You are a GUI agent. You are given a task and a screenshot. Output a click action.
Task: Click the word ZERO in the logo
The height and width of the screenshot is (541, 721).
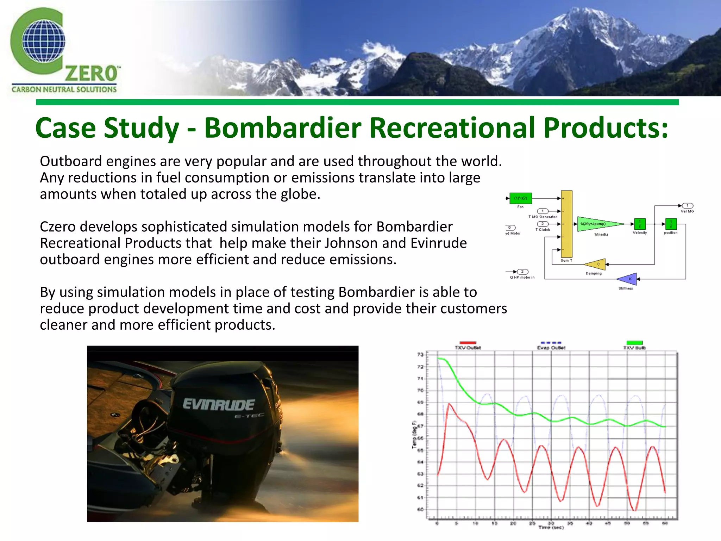[x=92, y=74]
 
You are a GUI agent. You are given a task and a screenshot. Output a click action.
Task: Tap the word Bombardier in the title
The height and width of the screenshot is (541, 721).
[x=283, y=128]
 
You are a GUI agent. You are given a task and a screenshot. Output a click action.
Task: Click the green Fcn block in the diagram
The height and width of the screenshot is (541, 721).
[x=521, y=198]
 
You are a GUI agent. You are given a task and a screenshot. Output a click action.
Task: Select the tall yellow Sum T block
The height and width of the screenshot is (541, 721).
[x=566, y=224]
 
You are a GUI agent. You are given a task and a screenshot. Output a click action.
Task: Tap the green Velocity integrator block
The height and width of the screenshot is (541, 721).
[x=640, y=224]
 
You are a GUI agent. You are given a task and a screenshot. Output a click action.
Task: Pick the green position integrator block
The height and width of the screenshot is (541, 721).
[x=671, y=224]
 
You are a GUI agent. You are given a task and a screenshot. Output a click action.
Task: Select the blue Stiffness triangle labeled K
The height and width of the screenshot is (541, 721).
[x=628, y=279]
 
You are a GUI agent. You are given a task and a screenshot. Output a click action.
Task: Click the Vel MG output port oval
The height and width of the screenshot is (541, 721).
[x=688, y=206]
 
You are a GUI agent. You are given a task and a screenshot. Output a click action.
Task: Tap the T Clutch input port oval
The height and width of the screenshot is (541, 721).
[x=543, y=224]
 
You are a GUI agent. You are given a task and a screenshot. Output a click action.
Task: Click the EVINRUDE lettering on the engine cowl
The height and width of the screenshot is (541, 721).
[x=219, y=405]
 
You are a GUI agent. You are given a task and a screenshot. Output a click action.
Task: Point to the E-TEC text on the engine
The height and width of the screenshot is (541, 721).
[x=249, y=416]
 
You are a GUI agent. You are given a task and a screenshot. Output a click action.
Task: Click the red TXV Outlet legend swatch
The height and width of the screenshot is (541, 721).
[x=468, y=343]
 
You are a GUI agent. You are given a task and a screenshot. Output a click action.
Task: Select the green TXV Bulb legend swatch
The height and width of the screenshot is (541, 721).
[x=634, y=343]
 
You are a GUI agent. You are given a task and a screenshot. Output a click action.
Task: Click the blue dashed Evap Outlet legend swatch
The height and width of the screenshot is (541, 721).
[x=551, y=343]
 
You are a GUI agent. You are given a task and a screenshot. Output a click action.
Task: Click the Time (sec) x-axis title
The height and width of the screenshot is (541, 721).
[x=551, y=528]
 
